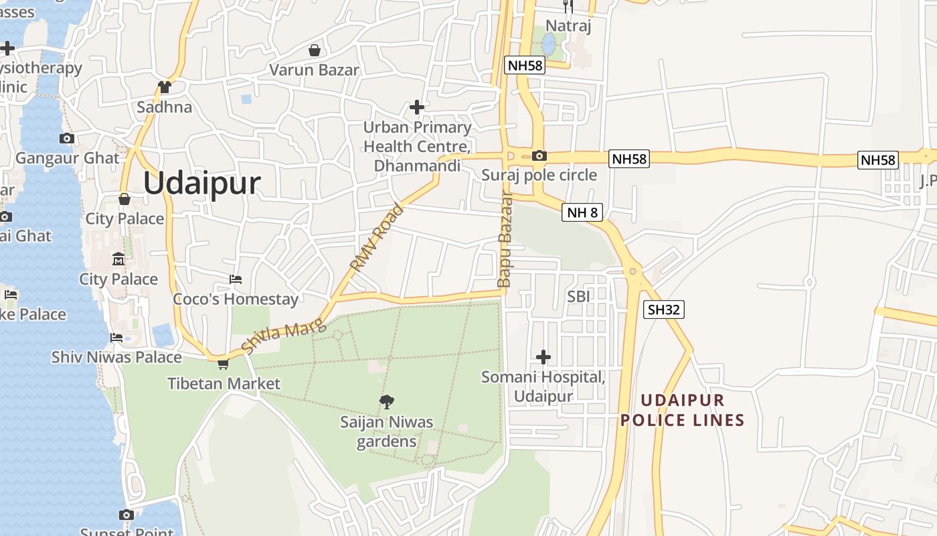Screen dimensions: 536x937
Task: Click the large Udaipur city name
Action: [201, 183]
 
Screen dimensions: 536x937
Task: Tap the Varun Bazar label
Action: [314, 70]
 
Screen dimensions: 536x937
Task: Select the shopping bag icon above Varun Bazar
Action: [314, 50]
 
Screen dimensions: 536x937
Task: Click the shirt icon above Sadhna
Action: [165, 87]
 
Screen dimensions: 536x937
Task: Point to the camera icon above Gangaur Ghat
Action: [66, 139]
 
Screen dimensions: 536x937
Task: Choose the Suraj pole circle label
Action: [539, 175]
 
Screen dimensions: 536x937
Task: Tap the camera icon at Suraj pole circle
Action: [539, 156]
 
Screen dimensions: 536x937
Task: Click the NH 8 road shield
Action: [582, 213]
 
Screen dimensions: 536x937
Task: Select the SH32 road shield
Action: [664, 310]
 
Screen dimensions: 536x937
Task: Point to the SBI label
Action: [578, 296]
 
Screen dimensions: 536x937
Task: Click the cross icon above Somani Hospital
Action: [543, 357]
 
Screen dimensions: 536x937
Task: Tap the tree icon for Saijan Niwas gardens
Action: [386, 402]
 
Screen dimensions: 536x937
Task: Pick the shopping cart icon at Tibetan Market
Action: [223, 364]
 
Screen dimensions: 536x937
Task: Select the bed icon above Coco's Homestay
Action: [236, 279]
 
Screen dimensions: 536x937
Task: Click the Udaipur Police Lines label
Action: [682, 410]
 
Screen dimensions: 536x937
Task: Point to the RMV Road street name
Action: [377, 239]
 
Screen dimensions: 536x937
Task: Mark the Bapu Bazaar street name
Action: [505, 240]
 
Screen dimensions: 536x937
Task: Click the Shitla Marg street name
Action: [283, 336]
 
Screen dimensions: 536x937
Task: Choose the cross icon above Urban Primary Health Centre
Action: [417, 107]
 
